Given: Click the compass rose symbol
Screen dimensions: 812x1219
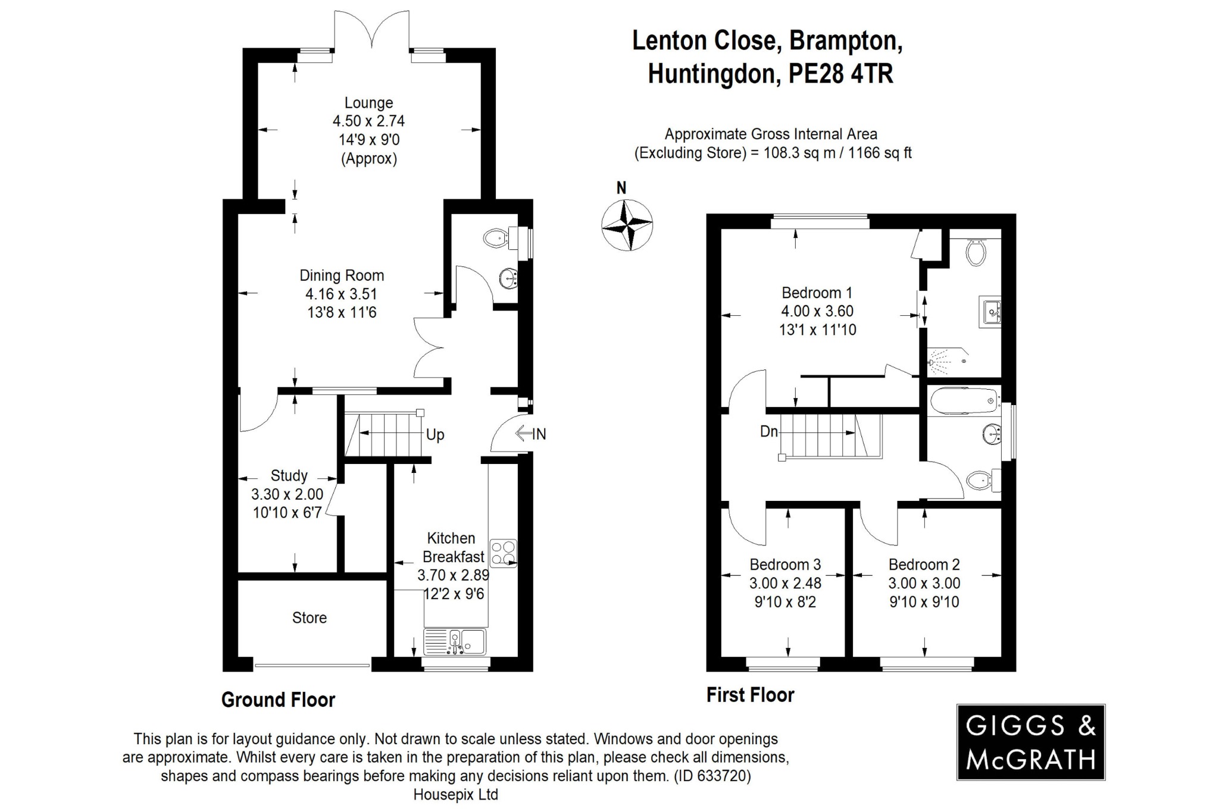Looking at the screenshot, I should [627, 225].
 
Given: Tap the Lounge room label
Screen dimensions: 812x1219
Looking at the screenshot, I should [368, 103].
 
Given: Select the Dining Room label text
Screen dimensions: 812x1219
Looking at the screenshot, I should [341, 275].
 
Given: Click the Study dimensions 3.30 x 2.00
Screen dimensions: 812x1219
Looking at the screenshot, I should [287, 494].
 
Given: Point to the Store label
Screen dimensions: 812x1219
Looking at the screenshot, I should [309, 617].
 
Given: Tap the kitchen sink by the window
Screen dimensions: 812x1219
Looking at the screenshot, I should [455, 642].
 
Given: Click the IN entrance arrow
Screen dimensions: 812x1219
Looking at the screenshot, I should [530, 434].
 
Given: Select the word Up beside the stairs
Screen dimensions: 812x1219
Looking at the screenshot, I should [435, 435].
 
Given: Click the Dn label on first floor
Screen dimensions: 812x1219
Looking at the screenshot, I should [768, 431].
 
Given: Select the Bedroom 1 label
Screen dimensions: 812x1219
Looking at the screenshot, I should [817, 293].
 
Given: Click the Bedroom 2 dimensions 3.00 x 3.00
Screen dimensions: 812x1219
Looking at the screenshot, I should [924, 583].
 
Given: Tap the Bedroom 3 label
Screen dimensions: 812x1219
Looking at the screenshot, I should [785, 564].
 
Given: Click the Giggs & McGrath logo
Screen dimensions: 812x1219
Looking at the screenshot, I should [1030, 742].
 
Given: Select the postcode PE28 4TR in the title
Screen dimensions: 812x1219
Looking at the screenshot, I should [840, 74].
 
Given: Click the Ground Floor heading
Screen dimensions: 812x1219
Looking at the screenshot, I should [278, 700].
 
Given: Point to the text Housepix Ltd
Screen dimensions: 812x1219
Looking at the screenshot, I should [455, 794].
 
